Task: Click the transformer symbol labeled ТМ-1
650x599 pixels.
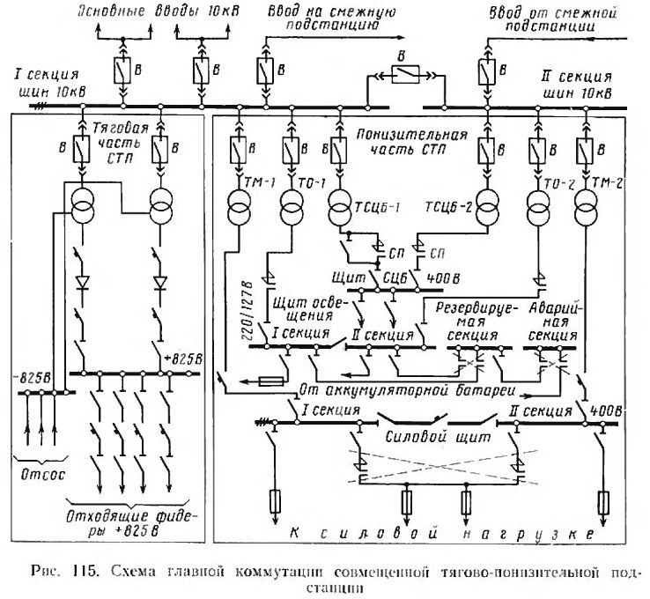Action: [240, 212]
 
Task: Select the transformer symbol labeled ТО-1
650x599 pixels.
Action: [292, 212]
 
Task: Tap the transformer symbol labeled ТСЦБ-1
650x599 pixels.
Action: [340, 212]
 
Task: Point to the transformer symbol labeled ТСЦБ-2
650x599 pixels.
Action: [484, 212]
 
